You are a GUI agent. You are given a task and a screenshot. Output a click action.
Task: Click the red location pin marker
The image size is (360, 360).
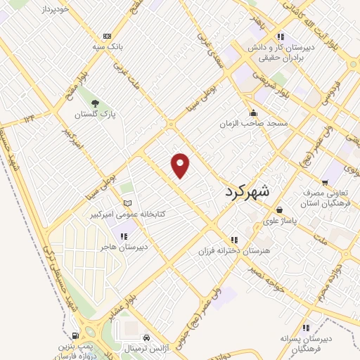click(181, 165)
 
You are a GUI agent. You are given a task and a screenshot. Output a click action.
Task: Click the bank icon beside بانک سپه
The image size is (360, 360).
click(107, 37)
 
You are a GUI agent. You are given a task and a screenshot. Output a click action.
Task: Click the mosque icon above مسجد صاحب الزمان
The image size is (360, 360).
click(253, 113)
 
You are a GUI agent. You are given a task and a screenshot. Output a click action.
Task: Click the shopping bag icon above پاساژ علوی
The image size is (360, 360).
click(279, 210)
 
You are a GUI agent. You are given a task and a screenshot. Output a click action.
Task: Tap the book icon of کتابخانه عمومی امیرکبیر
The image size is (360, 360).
click(127, 203)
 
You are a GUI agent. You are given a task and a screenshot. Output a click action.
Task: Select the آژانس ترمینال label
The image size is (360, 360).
click(148, 348)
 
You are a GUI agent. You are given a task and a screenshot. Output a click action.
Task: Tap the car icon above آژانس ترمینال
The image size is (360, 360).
click(146, 337)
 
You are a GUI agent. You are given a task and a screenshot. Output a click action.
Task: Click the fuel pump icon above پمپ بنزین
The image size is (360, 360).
click(75, 336)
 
